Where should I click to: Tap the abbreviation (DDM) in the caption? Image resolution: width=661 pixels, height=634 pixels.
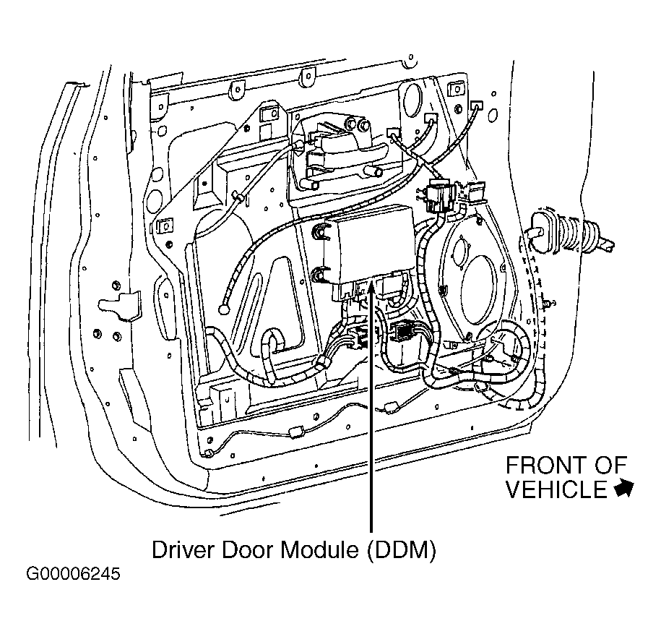pyautogui.click(x=402, y=550)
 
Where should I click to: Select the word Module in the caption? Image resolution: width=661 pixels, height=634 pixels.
pyautogui.click(x=319, y=549)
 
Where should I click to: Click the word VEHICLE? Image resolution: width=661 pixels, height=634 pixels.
pyautogui.click(x=556, y=489)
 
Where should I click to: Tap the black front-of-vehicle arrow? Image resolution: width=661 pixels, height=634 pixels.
pyautogui.click(x=624, y=489)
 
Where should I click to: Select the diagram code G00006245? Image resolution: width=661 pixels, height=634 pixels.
pyautogui.click(x=74, y=574)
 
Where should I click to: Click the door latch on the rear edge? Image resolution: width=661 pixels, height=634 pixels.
pyautogui.click(x=119, y=304)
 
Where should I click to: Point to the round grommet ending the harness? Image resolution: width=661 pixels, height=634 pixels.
pyautogui.click(x=224, y=310)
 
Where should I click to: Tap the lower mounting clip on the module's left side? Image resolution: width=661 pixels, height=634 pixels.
pyautogui.click(x=319, y=275)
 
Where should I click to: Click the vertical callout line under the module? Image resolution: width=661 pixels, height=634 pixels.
pyautogui.click(x=371, y=407)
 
